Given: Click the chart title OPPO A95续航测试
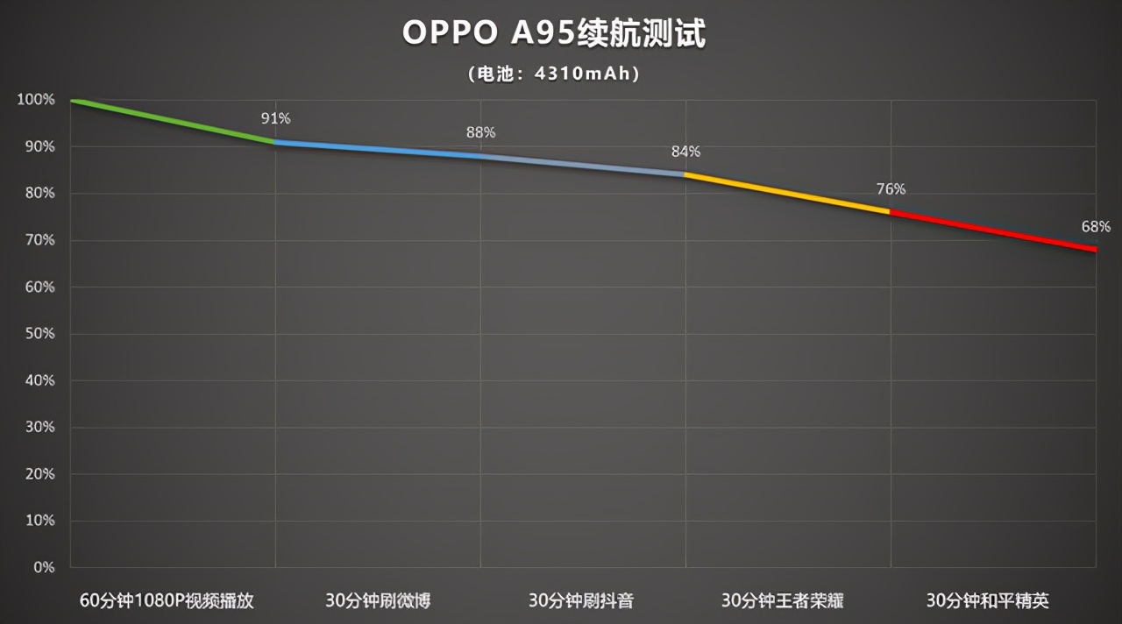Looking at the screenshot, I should click(554, 33).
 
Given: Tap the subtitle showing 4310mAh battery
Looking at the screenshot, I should click(554, 74).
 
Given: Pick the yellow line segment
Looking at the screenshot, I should click(787, 193).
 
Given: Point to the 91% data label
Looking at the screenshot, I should click(275, 118).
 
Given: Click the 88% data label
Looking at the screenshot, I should click(480, 132).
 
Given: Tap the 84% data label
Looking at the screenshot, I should click(685, 152).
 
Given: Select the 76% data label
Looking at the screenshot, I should click(891, 189).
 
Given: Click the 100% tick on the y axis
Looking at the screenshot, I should click(35, 100).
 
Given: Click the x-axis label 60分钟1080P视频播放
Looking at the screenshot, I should click(167, 601).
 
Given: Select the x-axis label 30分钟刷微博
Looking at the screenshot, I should click(378, 601).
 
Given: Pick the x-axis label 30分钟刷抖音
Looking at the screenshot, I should click(581, 601).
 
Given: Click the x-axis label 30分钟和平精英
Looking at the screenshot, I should click(988, 601).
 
